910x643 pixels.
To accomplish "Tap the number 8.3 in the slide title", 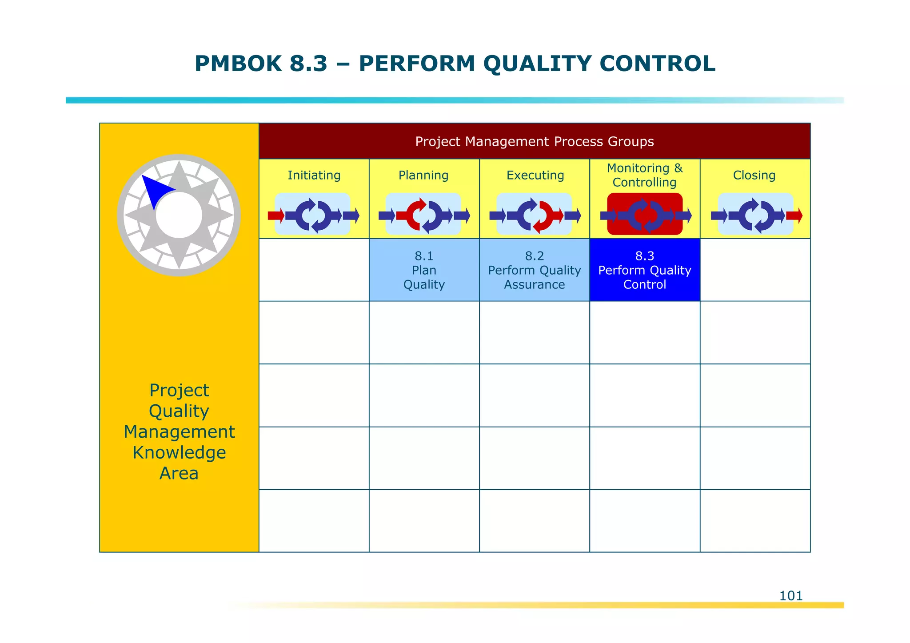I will click(x=308, y=64).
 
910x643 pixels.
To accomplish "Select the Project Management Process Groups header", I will click(x=534, y=141).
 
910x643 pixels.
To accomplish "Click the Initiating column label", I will click(x=314, y=175).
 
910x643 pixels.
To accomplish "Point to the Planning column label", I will click(x=423, y=175).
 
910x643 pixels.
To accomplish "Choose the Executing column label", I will click(x=535, y=175).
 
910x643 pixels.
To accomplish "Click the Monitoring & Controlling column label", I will click(x=644, y=175).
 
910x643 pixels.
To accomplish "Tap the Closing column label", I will click(x=754, y=175).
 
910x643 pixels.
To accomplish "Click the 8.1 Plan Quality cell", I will click(x=424, y=270).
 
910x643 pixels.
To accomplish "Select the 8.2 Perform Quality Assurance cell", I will click(x=534, y=270).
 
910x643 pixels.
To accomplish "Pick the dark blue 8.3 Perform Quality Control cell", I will click(x=644, y=270).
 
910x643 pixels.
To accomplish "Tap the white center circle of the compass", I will click(x=179, y=216).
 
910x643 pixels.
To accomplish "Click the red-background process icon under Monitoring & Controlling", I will click(x=644, y=215).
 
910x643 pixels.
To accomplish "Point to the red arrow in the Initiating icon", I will click(x=275, y=216).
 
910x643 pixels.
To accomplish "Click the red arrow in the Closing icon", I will click(x=794, y=216).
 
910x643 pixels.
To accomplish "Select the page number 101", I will click(x=791, y=595).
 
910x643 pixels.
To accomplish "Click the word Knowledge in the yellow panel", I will click(x=179, y=452).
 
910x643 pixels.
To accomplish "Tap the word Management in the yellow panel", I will click(x=179, y=431).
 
